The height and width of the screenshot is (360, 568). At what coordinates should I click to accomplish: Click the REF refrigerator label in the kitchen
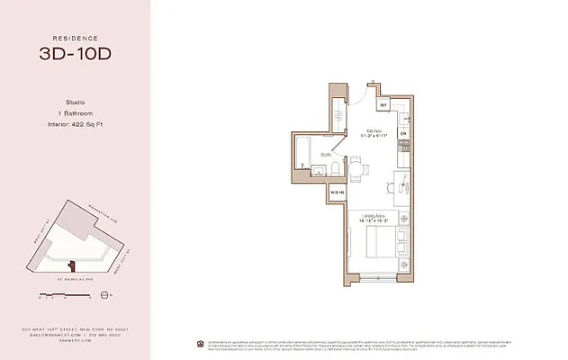pyautogui.click(x=383, y=105)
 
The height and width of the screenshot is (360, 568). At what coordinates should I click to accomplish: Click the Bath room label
pyautogui.click(x=326, y=155)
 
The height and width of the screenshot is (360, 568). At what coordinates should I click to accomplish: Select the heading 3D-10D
pyautogui.click(x=76, y=54)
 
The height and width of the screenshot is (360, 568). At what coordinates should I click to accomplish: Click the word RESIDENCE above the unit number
pyautogui.click(x=76, y=37)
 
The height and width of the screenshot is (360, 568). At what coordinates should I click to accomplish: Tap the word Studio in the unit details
pyautogui.click(x=76, y=103)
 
